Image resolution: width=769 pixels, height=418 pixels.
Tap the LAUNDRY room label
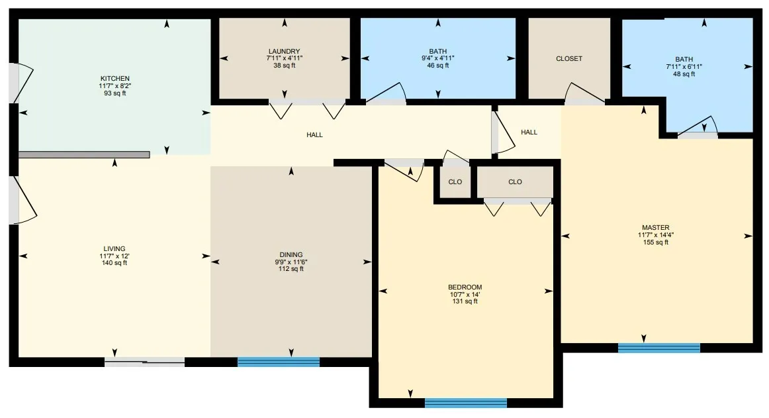click(x=284, y=51)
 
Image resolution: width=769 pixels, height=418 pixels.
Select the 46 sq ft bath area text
click(x=438, y=66)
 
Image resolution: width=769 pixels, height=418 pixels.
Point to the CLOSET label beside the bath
click(x=569, y=58)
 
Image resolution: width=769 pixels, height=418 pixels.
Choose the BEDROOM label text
click(x=465, y=287)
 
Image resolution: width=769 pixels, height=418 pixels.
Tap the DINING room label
click(x=291, y=254)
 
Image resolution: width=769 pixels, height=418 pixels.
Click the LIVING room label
click(x=114, y=249)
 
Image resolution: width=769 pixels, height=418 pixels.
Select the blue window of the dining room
click(x=279, y=362)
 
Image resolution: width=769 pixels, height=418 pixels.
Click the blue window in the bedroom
click(x=465, y=402)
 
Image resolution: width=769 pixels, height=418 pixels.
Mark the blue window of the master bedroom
click(x=658, y=348)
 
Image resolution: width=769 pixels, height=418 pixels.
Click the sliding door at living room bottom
click(x=145, y=362)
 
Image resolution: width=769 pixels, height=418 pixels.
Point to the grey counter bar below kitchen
click(x=84, y=154)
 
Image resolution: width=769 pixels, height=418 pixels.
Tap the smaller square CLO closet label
click(x=455, y=182)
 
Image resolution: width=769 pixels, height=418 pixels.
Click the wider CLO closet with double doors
click(x=515, y=182)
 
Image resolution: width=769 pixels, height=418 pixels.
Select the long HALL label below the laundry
click(x=314, y=134)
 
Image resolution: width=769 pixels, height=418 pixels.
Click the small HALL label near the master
click(x=529, y=132)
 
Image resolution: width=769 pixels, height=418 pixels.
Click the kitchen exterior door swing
click(x=20, y=83)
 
